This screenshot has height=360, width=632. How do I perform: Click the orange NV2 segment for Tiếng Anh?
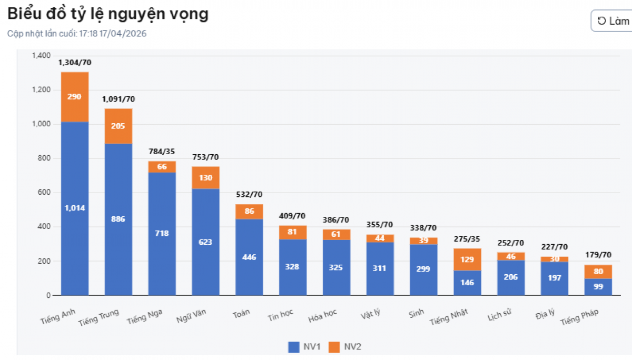[x=75, y=97]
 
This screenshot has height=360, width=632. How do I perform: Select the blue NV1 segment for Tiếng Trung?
[x=118, y=219]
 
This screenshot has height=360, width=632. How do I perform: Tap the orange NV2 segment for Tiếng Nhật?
[x=467, y=259]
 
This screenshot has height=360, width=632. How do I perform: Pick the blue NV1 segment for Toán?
[x=249, y=257]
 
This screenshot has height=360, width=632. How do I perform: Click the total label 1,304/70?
[x=75, y=63]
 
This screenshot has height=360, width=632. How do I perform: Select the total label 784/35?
[x=162, y=152]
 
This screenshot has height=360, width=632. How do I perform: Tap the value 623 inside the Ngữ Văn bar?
[x=205, y=242]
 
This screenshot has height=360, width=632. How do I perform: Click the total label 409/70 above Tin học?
[x=292, y=216]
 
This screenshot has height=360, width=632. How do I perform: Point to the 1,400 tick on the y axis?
[x=41, y=56]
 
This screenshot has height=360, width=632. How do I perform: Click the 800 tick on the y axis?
[x=44, y=158]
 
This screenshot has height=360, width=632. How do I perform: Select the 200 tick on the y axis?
[x=44, y=261]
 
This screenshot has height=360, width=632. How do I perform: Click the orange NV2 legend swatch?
[x=334, y=346]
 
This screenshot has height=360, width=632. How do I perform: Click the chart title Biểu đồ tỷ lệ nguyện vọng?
[x=108, y=15]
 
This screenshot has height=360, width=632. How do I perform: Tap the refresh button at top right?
[x=613, y=21]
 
